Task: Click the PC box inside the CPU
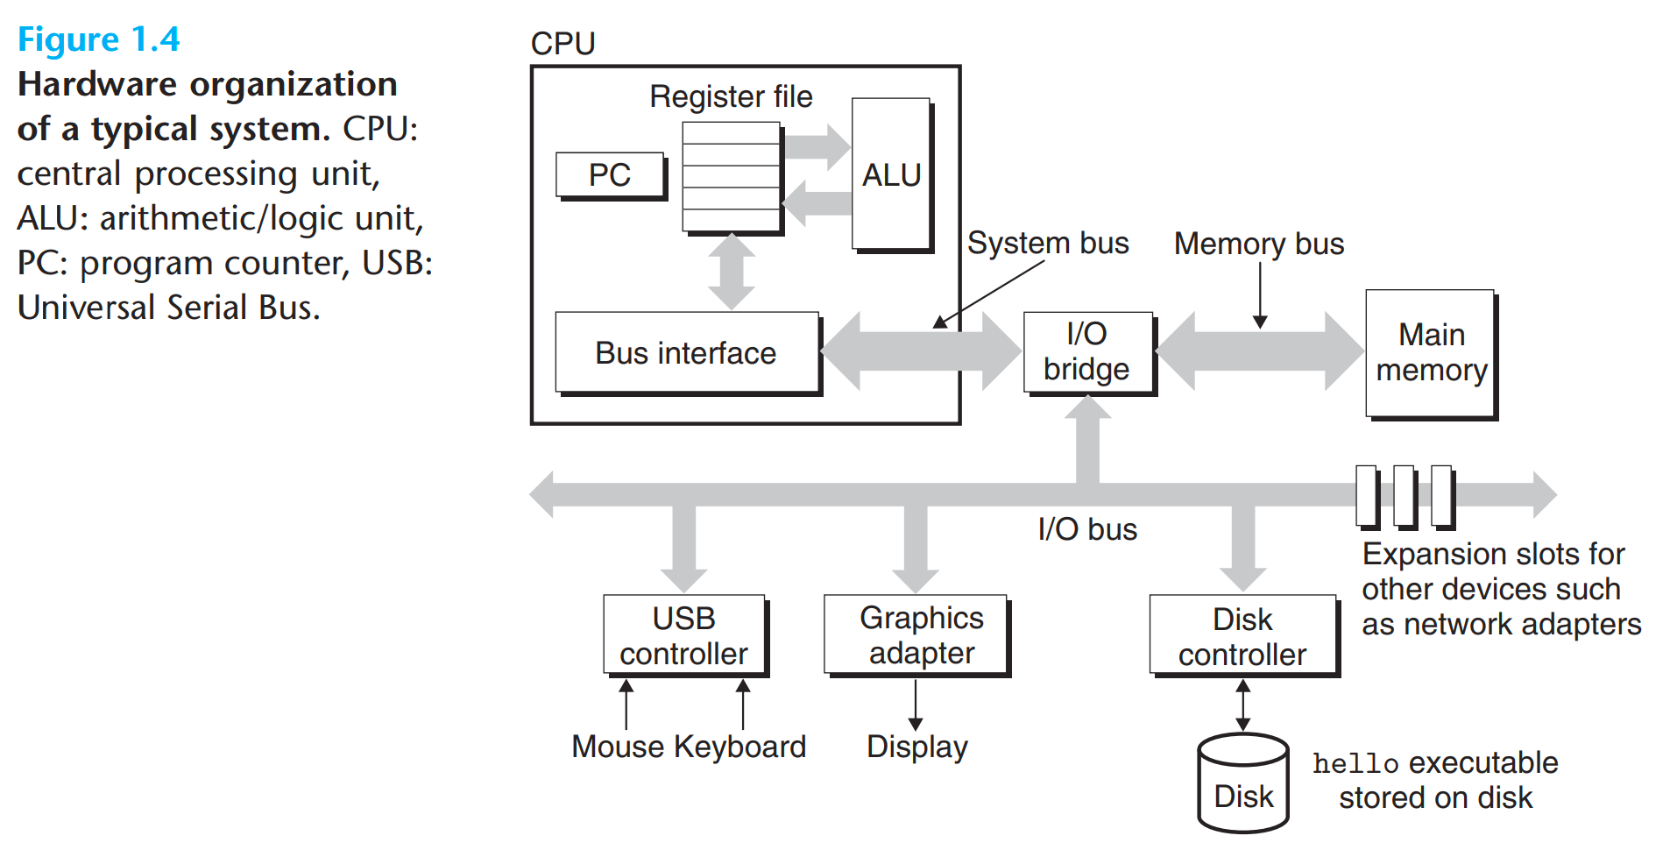[x=610, y=174]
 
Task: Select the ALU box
[x=891, y=174]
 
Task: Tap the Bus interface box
[x=686, y=352]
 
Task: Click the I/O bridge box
[x=1086, y=351]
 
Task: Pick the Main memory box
[x=1430, y=352]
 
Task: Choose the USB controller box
[x=683, y=635]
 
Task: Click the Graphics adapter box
[x=916, y=635]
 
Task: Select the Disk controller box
[x=1242, y=636]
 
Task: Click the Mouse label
[x=617, y=747]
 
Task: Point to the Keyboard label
[x=739, y=747]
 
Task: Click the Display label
[x=916, y=747]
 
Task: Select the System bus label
[x=1048, y=243]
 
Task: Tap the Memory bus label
[x=1258, y=244]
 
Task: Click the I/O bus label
[x=1086, y=529]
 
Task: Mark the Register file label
[x=731, y=96]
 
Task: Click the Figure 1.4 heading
[x=98, y=39]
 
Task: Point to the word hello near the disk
[x=1355, y=764]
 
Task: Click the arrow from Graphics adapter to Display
[x=916, y=705]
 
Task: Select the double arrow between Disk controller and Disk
[x=1242, y=705]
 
